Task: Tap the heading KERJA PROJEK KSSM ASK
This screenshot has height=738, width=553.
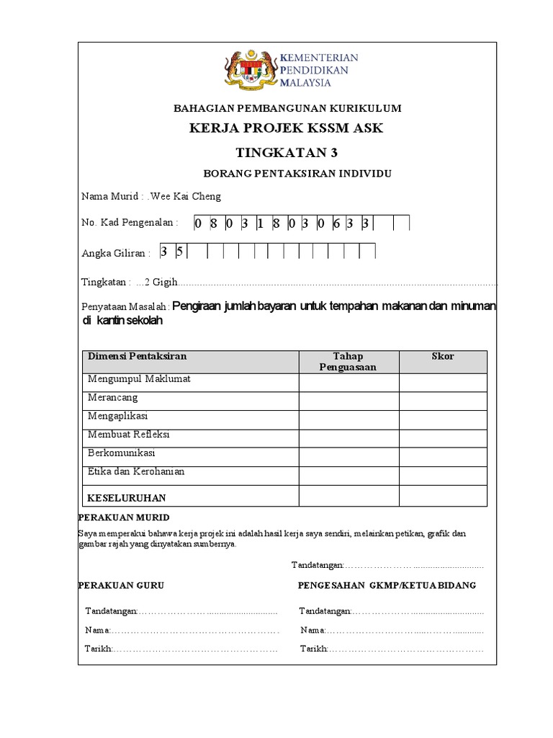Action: pos(287,129)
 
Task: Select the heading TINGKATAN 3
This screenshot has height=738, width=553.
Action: pos(287,152)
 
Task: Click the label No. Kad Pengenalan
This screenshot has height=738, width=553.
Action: pos(130,222)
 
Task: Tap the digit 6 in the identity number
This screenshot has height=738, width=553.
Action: pos(336,224)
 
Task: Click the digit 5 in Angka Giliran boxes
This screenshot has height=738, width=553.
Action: pos(180,252)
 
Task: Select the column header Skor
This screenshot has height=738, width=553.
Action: pos(443,357)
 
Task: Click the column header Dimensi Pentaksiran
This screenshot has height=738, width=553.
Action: pos(137,357)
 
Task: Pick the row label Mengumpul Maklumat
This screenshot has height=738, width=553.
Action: pos(139,379)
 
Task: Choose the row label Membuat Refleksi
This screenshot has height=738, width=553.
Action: pos(128,435)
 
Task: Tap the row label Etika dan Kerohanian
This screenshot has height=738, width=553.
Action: pos(135,472)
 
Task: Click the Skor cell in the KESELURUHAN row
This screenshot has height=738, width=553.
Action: pos(443,496)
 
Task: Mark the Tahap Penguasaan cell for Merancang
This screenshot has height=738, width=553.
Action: pos(349,401)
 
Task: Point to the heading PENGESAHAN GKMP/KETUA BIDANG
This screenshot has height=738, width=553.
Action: pos(387,585)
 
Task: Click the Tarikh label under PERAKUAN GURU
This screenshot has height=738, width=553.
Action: pos(98,649)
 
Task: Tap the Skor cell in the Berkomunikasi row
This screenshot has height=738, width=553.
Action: pos(443,457)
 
